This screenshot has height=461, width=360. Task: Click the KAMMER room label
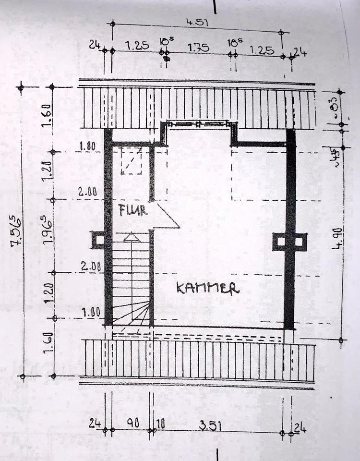coord(207,288)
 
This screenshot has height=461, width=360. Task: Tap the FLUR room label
coord(133,210)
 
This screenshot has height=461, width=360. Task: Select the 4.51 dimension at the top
coord(198,23)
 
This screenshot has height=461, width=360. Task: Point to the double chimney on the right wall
coord(289,241)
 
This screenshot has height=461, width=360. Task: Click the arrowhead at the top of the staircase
coord(131,236)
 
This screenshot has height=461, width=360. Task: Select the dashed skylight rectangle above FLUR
coord(132,161)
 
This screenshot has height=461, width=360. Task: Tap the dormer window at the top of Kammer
coord(198,124)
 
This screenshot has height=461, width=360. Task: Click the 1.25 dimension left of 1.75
coord(136,46)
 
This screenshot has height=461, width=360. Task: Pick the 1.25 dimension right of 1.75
coord(261,49)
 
